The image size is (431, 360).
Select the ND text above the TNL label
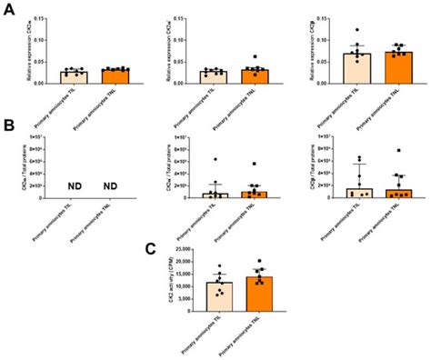(x=110, y=187)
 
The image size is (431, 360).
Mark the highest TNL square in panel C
(x=260, y=261)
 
